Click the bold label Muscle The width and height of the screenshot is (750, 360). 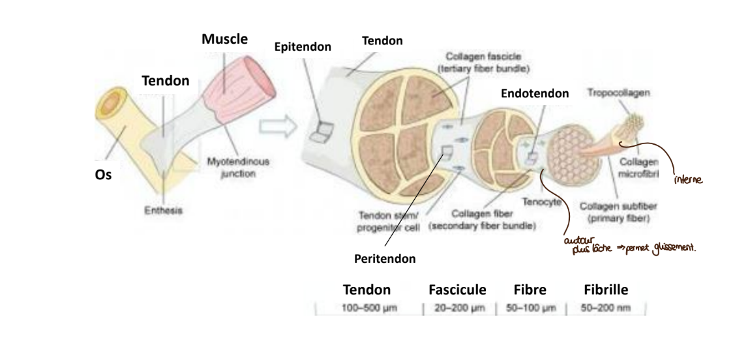[x=224, y=39]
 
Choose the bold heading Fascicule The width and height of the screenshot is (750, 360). [x=458, y=289]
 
